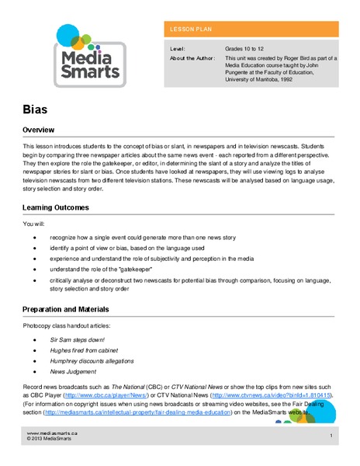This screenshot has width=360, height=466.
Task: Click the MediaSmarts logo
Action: tap(87, 54)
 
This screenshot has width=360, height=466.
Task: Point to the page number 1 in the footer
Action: tap(331, 436)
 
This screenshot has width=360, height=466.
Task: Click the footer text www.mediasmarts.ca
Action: tap(50, 433)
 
